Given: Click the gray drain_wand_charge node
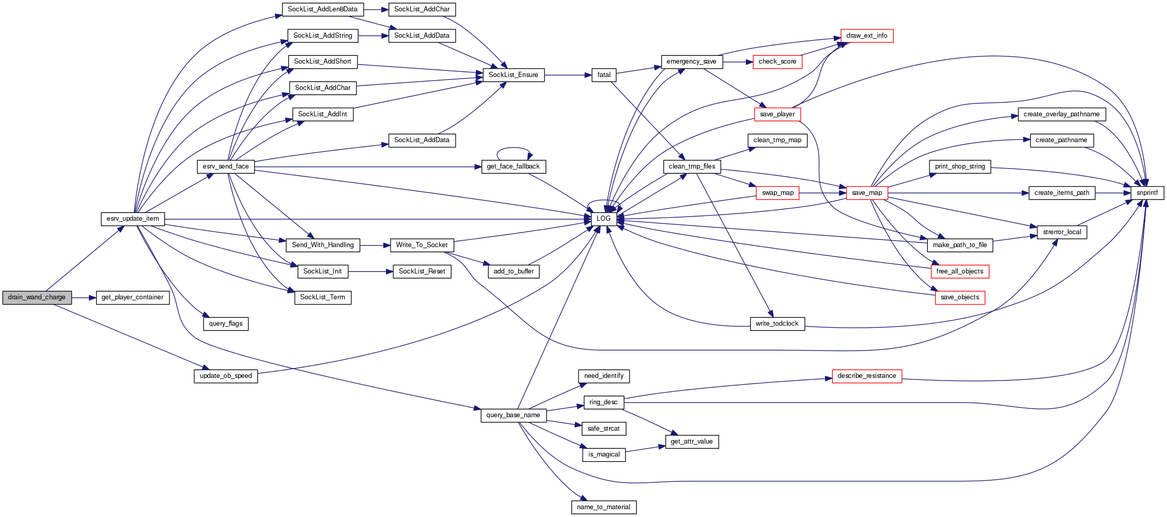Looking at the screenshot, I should tap(37, 297).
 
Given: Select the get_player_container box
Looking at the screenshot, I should tap(132, 297).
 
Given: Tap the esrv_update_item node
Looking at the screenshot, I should tap(133, 219).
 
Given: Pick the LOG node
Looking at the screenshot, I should tap(603, 219).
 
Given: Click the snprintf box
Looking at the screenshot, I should tap(1147, 193).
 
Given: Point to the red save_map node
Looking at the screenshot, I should tap(867, 193).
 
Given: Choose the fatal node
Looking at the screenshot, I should tap(604, 75).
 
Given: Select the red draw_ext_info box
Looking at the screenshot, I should tap(866, 36).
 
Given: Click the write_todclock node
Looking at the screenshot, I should tap(777, 324).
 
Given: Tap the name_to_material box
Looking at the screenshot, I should tap(603, 507).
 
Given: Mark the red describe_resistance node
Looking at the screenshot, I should tap(866, 376).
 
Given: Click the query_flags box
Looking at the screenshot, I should tap(226, 324).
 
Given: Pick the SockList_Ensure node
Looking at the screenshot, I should tap(513, 75).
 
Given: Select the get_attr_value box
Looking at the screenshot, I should tap(691, 442).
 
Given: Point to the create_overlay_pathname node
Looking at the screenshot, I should tap(1061, 114).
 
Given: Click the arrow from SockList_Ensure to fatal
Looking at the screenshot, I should tap(568, 75).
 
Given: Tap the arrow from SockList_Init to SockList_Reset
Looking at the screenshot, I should tap(370, 271).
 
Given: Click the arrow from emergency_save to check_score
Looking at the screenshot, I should tap(737, 62).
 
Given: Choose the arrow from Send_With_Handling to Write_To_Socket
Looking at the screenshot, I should tap(375, 245).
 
